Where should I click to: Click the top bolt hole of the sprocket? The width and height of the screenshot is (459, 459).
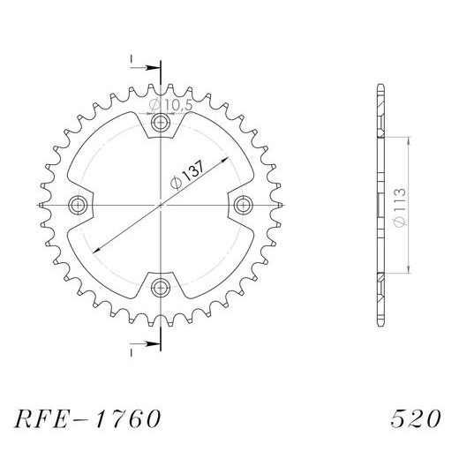pyautogui.click(x=160, y=122)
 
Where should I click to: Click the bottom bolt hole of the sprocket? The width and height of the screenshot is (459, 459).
pyautogui.click(x=160, y=286)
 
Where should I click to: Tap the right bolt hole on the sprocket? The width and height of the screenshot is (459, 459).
pyautogui.click(x=242, y=205)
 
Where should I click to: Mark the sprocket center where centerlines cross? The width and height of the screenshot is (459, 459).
pyautogui.click(x=160, y=205)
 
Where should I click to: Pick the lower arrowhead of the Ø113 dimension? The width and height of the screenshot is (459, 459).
pyautogui.click(x=410, y=270)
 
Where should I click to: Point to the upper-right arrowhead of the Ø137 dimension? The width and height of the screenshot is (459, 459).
pyautogui.click(x=227, y=158)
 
